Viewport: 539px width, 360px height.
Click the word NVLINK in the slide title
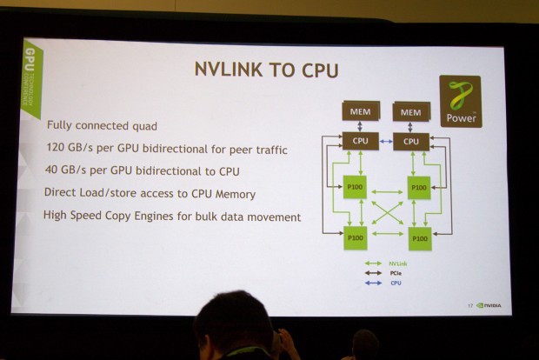224,70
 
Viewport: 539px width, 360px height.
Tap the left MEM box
359,112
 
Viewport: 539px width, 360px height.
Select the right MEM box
411,112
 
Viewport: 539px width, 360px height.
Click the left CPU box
359,140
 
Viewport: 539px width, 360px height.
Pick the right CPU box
411,140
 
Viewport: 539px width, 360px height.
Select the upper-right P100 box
418,188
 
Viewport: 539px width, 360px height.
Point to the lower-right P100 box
419,237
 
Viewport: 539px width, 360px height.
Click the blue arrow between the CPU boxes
385,140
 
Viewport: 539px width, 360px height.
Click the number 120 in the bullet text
57,150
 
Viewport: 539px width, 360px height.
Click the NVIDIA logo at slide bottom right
489,305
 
